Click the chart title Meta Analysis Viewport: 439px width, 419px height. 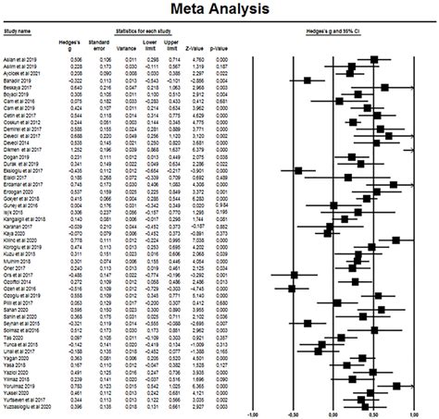pyautogui.click(x=219, y=12)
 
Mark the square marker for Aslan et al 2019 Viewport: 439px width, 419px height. pyautogui.click(x=374, y=57)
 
